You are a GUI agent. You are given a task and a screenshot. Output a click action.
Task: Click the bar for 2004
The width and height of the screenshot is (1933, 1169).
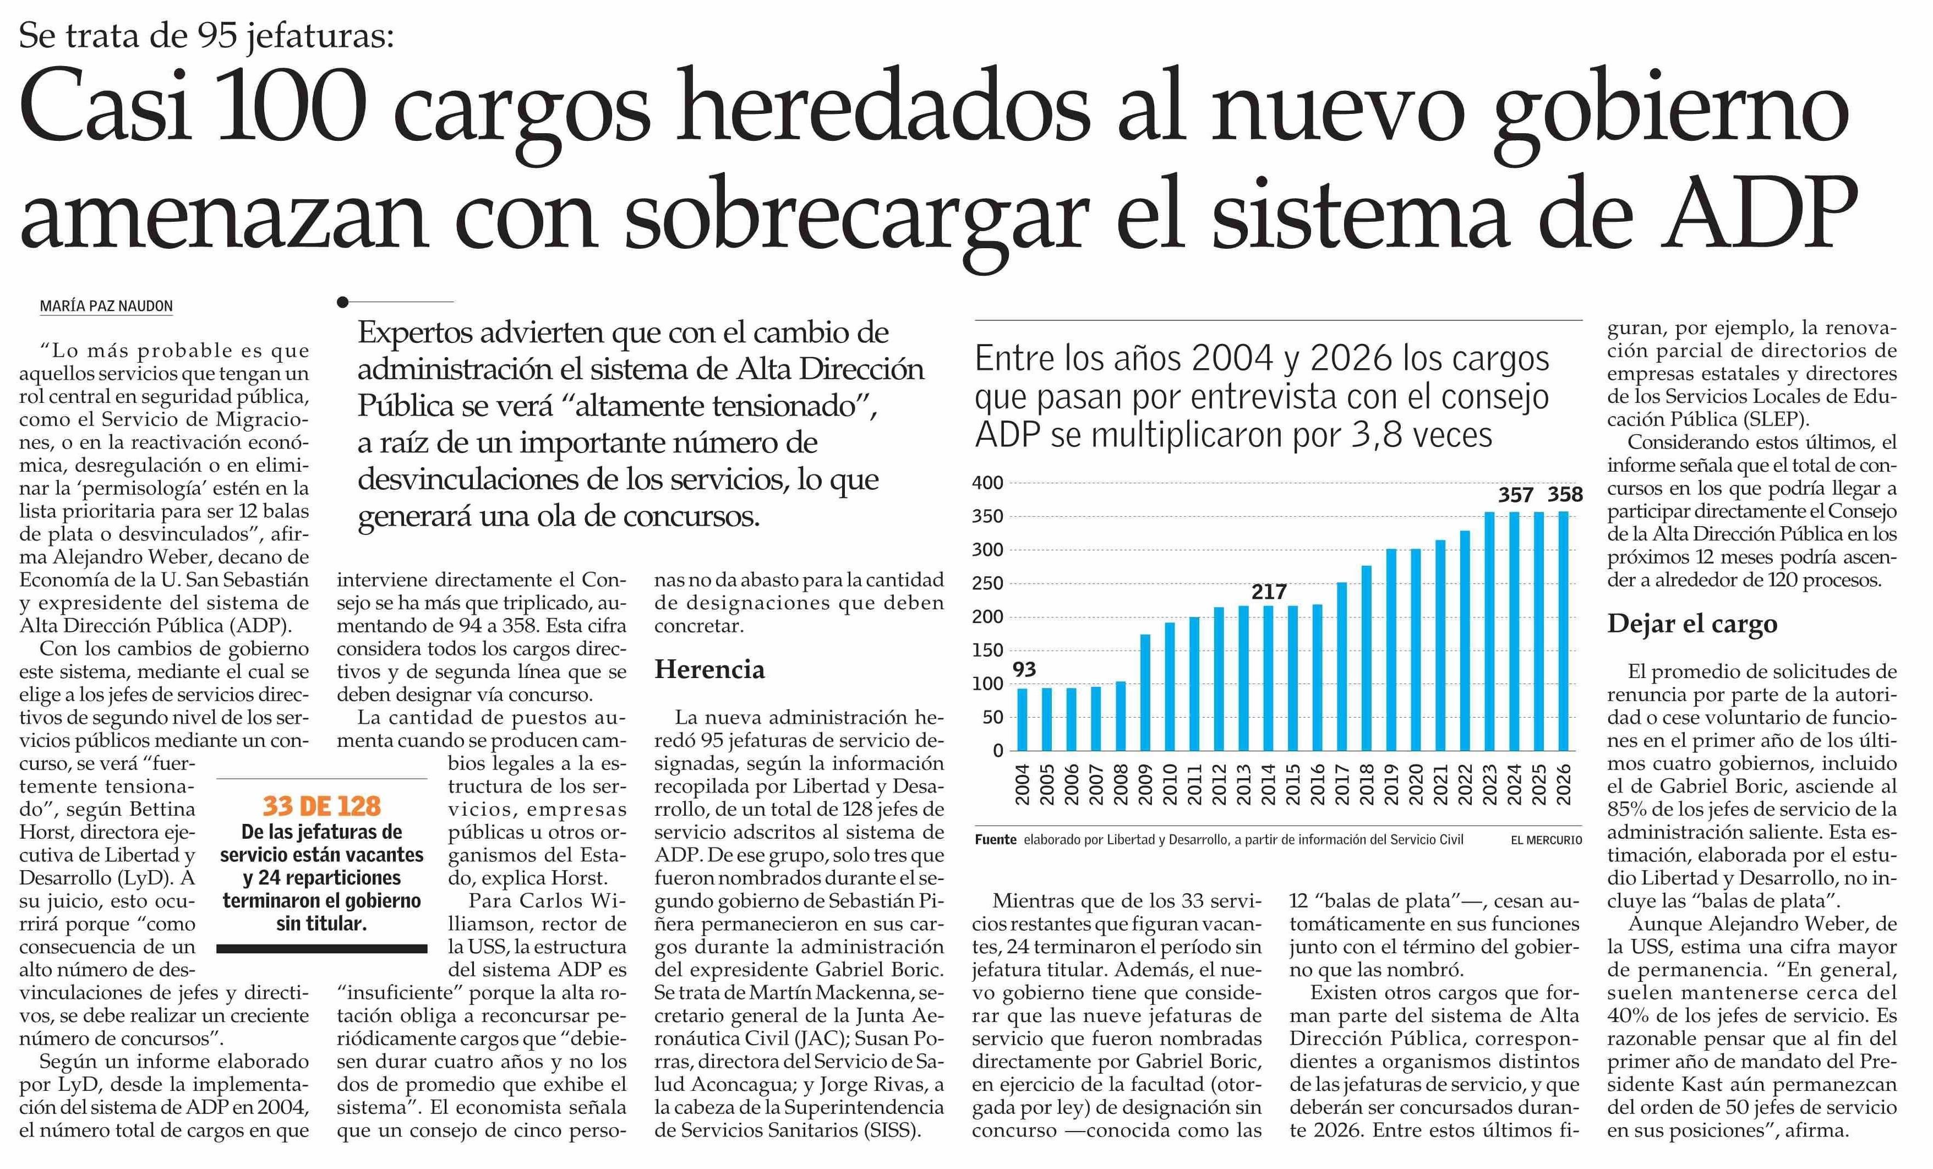point(1022,719)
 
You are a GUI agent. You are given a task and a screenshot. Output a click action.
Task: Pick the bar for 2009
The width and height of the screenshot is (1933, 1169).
point(1145,692)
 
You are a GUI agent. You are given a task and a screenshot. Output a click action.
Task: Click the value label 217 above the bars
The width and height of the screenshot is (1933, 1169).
point(1269,592)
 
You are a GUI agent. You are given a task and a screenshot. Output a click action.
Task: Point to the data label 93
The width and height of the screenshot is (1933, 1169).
point(1024,669)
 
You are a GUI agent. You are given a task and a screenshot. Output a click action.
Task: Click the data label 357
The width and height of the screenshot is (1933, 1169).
point(1516,495)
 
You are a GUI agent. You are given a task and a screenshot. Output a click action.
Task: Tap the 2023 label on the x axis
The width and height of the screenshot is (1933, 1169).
point(1490,785)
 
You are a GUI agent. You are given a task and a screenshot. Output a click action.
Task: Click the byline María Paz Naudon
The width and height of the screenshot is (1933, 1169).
point(107,306)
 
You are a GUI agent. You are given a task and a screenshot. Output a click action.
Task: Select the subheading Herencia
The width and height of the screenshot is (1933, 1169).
point(709,669)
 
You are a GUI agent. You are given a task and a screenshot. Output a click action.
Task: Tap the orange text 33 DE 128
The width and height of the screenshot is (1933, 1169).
point(321,806)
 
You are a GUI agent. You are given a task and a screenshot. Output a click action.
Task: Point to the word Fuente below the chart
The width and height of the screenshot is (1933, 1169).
point(996,839)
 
